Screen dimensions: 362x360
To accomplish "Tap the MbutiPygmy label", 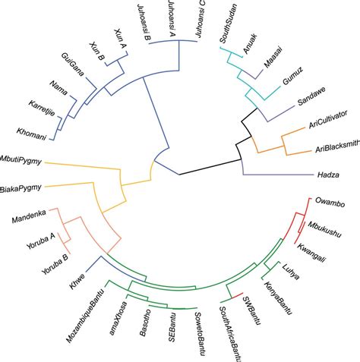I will (21, 161).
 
